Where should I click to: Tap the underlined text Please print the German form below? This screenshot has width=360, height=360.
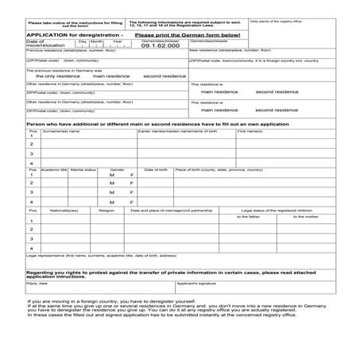pyautogui.click(x=187, y=35)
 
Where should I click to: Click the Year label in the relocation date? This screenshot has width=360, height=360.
pyautogui.click(x=117, y=41)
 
